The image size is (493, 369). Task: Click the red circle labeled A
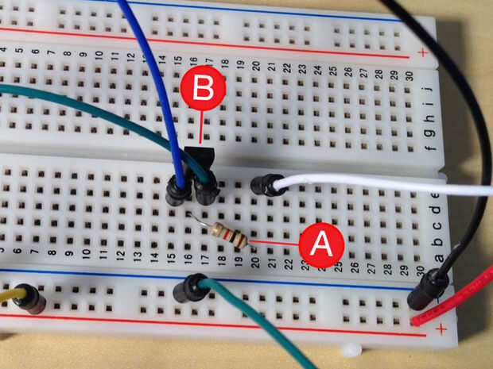point(321,244)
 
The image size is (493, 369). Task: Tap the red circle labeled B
point(202,88)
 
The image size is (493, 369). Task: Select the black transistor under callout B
point(204,159)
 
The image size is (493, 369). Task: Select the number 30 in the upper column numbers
point(406,75)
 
